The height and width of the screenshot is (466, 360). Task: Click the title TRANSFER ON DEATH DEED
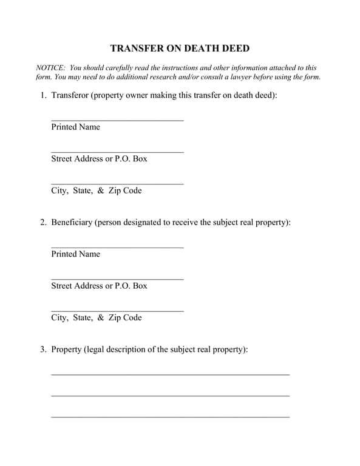pos(180,49)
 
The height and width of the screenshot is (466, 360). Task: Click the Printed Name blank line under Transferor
pos(117,120)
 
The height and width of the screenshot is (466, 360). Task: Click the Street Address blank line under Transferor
pos(117,151)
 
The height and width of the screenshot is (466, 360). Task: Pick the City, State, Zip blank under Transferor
pos(117,183)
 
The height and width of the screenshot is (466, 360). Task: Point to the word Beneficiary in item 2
pos(72,222)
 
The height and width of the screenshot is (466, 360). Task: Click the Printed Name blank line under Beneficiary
pos(117,246)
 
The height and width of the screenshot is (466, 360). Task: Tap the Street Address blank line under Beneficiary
pos(117,278)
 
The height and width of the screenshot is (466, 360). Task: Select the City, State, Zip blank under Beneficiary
pos(117,310)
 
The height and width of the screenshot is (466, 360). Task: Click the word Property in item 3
pos(66,349)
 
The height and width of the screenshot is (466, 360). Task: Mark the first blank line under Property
pos(170,374)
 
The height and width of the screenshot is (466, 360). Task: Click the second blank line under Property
pos(170,395)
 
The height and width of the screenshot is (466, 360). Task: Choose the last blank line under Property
pos(170,416)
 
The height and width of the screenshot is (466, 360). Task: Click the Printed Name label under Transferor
pos(75,127)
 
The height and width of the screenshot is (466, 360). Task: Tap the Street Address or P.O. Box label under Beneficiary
pos(99,286)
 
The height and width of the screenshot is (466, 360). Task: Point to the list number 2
pos(43,222)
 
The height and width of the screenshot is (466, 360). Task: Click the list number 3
pos(43,349)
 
